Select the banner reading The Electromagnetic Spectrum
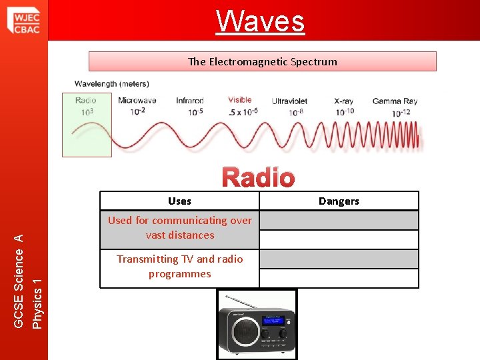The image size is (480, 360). pyautogui.click(x=262, y=61)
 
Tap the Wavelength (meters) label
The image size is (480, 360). pyautogui.click(x=111, y=84)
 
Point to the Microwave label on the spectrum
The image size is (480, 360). pyautogui.click(x=137, y=101)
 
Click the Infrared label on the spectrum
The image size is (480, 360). pyautogui.click(x=190, y=101)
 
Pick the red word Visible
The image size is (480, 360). pyautogui.click(x=239, y=100)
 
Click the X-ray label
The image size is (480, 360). pyautogui.click(x=344, y=101)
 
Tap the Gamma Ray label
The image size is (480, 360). pyautogui.click(x=395, y=101)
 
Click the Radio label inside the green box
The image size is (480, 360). pyautogui.click(x=86, y=101)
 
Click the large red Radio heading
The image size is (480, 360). pyautogui.click(x=258, y=177)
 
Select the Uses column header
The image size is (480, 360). pyautogui.click(x=179, y=201)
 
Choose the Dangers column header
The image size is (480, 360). pyautogui.click(x=339, y=201)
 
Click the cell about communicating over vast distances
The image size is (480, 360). pyautogui.click(x=179, y=228)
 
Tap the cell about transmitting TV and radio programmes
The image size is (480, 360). pyautogui.click(x=179, y=267)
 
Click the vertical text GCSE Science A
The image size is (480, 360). pyautogui.click(x=19, y=281)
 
